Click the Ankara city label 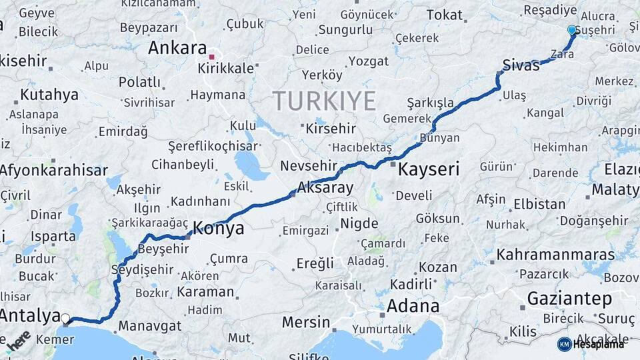point(177,48)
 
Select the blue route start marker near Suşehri point(571,30)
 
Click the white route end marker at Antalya point(65,319)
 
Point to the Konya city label point(218,229)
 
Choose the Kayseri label point(429,169)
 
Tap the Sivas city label point(521,65)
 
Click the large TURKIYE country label point(324,101)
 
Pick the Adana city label point(414,306)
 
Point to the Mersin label point(306,323)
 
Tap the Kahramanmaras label point(555,255)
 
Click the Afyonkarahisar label point(53,171)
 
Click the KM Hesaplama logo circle point(564,344)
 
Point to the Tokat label point(445,14)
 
